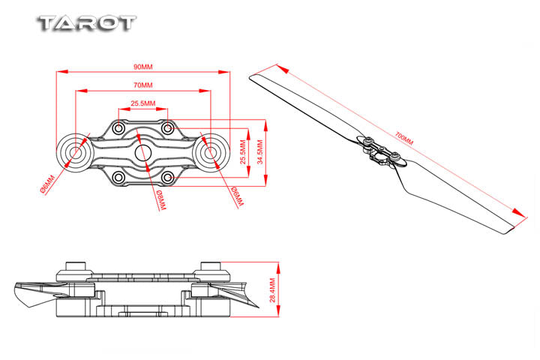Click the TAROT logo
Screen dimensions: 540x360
86,22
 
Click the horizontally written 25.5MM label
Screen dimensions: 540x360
143,103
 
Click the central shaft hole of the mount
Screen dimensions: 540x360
142,152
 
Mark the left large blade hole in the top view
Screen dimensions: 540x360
76,152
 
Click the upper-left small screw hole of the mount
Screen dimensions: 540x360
118,129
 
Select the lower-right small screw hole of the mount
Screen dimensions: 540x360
168,177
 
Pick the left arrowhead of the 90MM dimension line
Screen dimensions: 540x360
60,72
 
